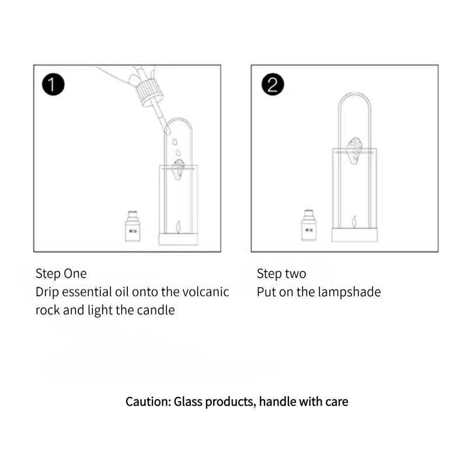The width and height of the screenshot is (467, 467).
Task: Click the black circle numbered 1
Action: [53, 85]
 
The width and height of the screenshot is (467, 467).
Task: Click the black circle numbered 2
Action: [272, 85]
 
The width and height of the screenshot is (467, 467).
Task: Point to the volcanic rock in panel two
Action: [354, 151]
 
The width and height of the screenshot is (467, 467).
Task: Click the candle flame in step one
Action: [179, 225]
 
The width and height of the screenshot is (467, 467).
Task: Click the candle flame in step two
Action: [354, 221]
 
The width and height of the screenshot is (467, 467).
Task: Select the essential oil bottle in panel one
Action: [134, 226]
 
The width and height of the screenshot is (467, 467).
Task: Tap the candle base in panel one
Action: [179, 239]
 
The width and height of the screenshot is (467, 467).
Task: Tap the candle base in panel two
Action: [354, 235]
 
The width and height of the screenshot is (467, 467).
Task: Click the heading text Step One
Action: [61, 274]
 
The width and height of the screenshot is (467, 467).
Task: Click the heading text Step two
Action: [281, 274]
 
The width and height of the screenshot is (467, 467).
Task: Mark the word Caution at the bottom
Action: [147, 402]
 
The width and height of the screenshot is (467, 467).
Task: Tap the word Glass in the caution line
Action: [188, 402]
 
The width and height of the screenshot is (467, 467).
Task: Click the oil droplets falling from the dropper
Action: [176, 146]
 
